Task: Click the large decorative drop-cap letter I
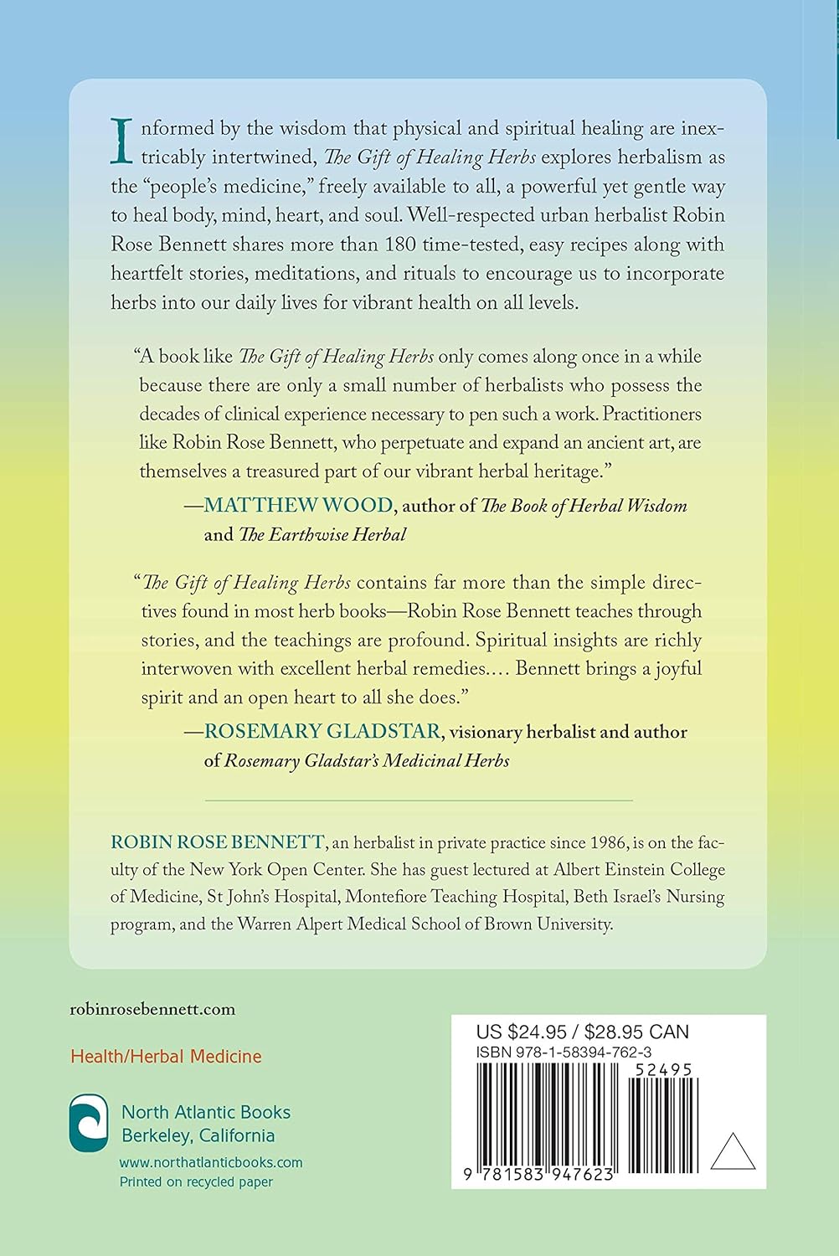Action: point(122,142)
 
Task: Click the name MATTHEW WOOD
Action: point(298,505)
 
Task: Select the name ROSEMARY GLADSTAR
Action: point(322,731)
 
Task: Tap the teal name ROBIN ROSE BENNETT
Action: point(217,842)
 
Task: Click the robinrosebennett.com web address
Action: point(152,1009)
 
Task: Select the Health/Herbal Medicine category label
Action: point(166,1057)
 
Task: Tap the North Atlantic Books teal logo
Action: point(89,1123)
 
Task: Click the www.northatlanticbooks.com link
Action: point(211,1162)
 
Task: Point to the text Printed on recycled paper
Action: point(196,1182)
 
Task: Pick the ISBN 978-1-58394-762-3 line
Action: point(564,1053)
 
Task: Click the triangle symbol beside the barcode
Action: point(733,1154)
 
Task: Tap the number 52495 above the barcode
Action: point(663,1070)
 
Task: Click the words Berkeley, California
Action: point(198,1135)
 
